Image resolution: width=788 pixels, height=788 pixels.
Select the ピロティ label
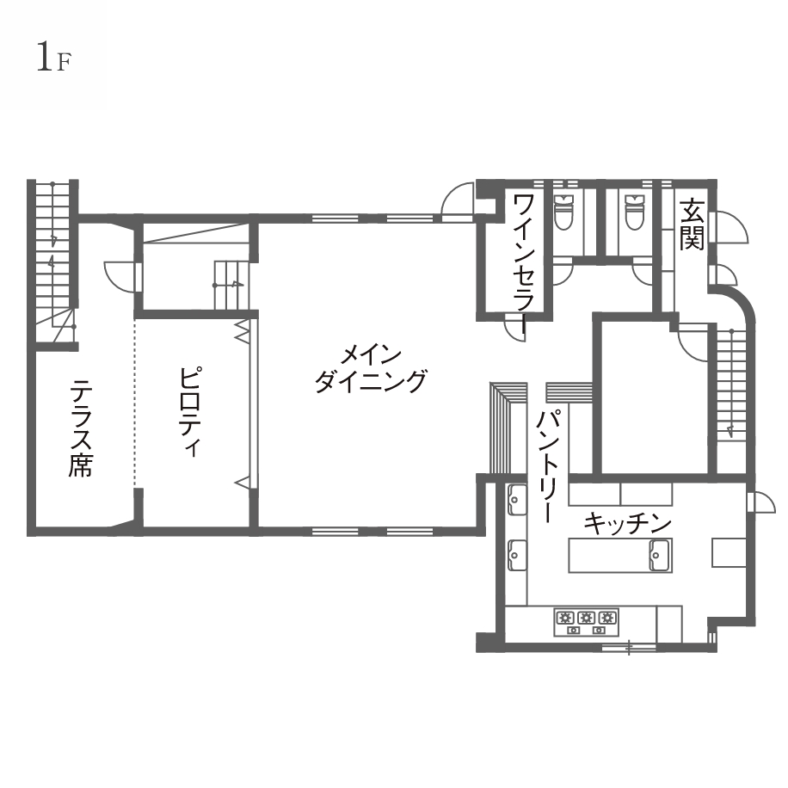(191, 412)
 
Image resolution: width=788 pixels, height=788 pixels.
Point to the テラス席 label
(80, 428)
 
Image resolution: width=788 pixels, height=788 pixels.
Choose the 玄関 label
(692, 225)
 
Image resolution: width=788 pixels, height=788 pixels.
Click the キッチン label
(628, 523)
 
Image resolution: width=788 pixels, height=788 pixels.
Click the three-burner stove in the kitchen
(586, 622)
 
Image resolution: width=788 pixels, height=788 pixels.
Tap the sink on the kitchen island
(660, 556)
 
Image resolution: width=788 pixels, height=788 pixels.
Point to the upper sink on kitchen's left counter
(517, 500)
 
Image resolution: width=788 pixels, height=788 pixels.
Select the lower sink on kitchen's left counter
(517, 556)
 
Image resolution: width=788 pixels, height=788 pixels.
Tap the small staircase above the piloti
(231, 285)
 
